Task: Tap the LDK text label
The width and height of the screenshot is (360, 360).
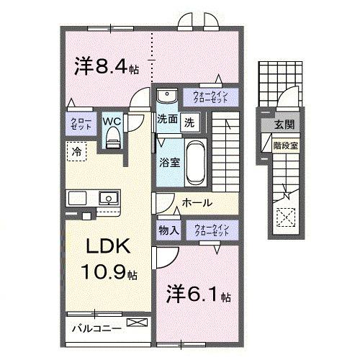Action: click(x=107, y=247)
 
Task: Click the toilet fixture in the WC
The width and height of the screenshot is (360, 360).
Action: click(x=111, y=140)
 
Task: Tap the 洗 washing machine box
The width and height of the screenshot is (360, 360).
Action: click(x=189, y=122)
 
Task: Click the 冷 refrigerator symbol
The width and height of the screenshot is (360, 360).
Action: click(x=76, y=151)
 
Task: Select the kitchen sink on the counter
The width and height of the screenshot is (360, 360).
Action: click(x=109, y=197)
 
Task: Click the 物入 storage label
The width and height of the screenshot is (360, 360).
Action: click(x=168, y=230)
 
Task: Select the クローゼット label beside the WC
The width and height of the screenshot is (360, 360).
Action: click(x=77, y=122)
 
